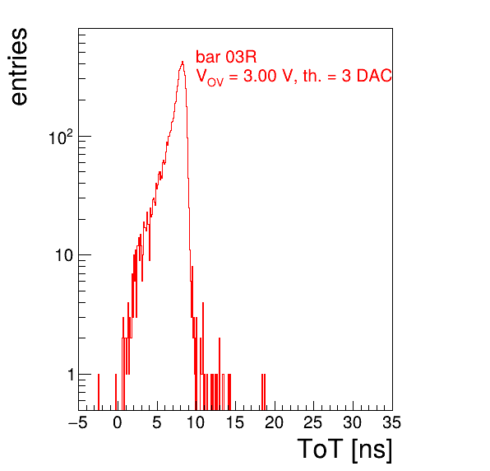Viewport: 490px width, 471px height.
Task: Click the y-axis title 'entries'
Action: point(20,67)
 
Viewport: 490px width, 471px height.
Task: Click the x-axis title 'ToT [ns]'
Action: point(344,450)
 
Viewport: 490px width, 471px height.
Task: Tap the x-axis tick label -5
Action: point(78,422)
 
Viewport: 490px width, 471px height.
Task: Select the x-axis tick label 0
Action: point(118,422)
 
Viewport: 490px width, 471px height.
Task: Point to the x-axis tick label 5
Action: point(157,422)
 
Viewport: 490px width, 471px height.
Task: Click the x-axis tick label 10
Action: point(196,422)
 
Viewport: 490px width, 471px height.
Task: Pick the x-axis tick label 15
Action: point(235,422)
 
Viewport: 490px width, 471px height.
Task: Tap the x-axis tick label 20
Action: point(274,422)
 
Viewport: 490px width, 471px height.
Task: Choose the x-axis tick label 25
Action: point(313,422)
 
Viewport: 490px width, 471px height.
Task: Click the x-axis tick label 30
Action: point(353,422)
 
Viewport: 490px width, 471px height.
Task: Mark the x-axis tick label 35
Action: point(392,422)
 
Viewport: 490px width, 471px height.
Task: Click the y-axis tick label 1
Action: point(71,375)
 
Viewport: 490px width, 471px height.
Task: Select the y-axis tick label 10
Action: point(64,255)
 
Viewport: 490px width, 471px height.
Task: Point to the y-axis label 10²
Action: point(61,138)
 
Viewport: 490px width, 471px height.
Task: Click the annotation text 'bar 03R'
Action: point(226,58)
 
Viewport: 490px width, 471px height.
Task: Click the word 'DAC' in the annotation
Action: point(374,76)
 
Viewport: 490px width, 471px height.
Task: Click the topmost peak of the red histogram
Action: point(183,62)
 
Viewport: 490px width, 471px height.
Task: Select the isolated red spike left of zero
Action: point(99,392)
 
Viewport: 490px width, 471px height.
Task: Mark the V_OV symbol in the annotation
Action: point(210,77)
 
